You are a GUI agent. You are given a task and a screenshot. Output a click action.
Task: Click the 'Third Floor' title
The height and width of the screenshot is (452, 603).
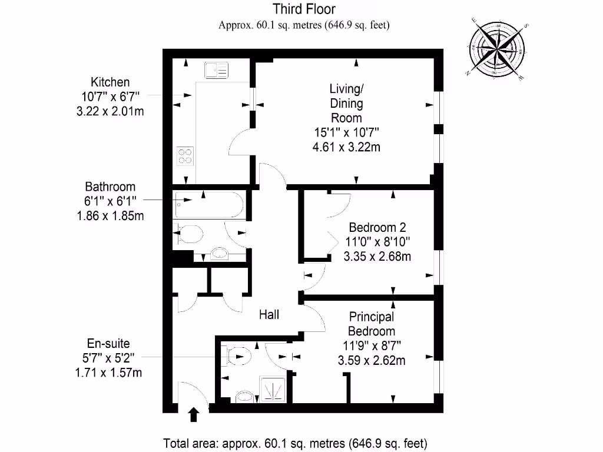[304, 9]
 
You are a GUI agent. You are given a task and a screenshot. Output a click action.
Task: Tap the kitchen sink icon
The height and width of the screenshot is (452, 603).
[217, 71]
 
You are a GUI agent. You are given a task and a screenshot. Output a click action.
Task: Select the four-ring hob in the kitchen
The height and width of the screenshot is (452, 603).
[185, 156]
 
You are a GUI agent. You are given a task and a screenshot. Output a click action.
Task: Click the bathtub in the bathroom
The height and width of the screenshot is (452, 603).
[209, 204]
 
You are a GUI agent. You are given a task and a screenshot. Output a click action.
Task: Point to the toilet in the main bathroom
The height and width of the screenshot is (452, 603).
[188, 235]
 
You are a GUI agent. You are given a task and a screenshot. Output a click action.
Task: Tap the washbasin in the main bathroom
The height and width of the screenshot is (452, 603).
[220, 254]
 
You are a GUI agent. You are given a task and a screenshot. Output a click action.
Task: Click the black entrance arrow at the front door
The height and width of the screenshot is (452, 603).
[194, 415]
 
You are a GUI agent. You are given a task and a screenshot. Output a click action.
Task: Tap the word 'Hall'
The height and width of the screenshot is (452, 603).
[269, 315]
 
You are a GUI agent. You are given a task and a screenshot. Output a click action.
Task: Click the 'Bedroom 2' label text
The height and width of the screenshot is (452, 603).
[377, 227]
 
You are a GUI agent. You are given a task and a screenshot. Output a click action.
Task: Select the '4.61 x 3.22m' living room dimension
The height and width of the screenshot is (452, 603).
[346, 147]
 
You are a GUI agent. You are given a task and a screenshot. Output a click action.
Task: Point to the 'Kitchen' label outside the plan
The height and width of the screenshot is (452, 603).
[110, 82]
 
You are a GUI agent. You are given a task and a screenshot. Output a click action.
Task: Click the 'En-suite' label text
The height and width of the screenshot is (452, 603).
[108, 344]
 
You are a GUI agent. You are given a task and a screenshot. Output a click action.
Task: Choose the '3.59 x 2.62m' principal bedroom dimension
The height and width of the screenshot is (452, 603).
[372, 360]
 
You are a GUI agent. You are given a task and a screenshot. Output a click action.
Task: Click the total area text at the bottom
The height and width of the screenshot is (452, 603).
[295, 443]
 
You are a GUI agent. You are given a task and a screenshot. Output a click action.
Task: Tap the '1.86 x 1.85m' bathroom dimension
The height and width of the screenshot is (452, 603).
[111, 215]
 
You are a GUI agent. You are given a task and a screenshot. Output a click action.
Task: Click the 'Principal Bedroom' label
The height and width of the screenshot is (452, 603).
[372, 324]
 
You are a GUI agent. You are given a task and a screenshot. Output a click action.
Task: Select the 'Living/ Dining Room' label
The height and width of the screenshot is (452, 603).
[346, 103]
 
